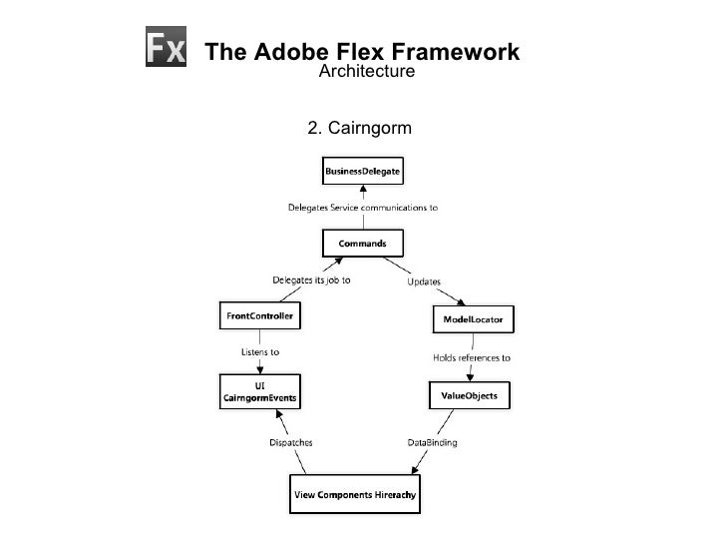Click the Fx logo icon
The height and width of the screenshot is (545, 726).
(168, 48)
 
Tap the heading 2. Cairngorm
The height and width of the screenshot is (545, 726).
(359, 127)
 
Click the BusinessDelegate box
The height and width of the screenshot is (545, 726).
(363, 172)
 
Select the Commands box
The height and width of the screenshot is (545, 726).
(363, 243)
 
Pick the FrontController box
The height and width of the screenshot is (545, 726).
(258, 317)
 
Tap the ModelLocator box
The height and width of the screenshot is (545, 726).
(474, 319)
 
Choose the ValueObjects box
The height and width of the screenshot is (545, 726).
(469, 396)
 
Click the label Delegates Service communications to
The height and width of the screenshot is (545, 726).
(363, 208)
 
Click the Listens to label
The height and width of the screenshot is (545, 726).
(261, 352)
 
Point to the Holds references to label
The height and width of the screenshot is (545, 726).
(472, 356)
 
